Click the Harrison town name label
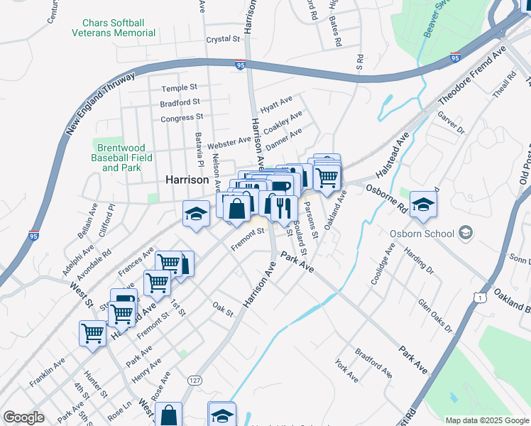click(x=186, y=180)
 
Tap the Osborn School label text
click(x=422, y=233)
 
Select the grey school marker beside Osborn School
click(x=466, y=232)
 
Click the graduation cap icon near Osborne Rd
click(x=423, y=204)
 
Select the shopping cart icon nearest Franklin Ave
click(x=92, y=333)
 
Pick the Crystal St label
click(x=222, y=40)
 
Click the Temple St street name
click(x=178, y=88)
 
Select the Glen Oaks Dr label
click(x=434, y=316)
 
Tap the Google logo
click(x=23, y=417)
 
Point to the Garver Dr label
click(x=450, y=123)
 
